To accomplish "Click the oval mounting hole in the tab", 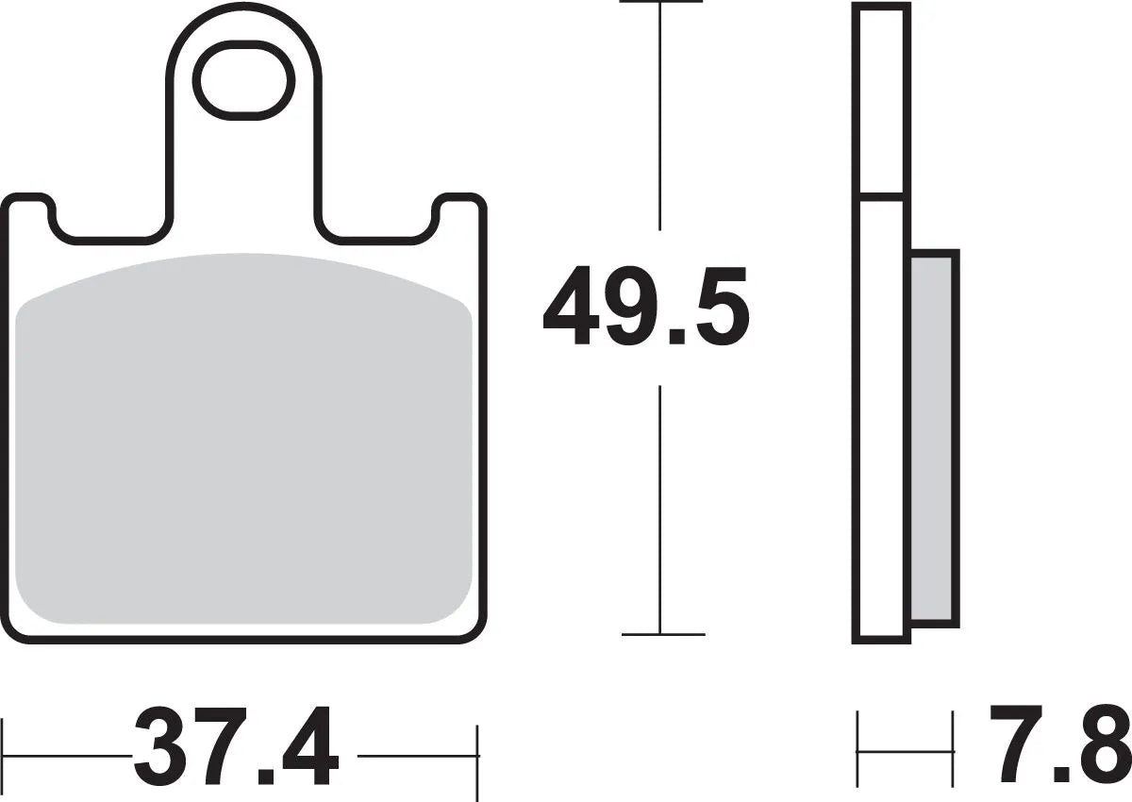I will click(x=244, y=81).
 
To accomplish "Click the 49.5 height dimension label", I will click(x=646, y=306).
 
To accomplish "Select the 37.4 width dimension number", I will click(x=236, y=746).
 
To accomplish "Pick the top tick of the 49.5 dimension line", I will click(x=660, y=3).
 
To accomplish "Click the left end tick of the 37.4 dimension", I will click(x=4, y=755).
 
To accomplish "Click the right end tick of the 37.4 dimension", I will click(x=478, y=755).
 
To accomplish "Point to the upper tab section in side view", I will click(x=881, y=99).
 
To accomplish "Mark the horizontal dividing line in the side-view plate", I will click(x=881, y=197).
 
